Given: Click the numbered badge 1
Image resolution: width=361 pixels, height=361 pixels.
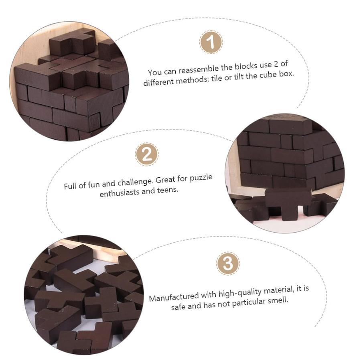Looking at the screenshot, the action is (211, 42).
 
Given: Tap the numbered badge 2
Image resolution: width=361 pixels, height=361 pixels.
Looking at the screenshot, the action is (147, 154).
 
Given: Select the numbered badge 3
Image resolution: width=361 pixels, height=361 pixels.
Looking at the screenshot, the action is (228, 264).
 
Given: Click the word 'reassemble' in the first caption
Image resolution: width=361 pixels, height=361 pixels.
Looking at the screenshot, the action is (199, 69).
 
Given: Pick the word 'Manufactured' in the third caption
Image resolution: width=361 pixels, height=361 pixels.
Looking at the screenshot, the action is (174, 297).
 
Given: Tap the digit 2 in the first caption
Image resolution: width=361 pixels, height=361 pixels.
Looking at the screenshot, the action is (276, 64).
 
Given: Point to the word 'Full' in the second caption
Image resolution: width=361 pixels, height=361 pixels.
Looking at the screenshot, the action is (70, 186).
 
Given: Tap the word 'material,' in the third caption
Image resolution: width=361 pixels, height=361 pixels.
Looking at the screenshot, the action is (279, 290).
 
